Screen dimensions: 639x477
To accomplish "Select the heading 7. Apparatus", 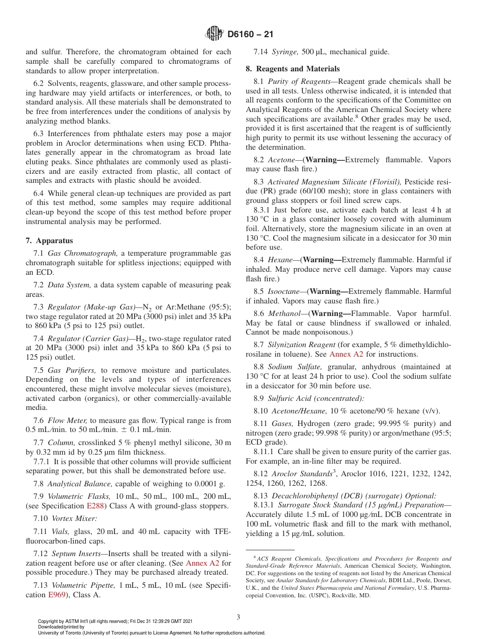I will [x=49, y=241].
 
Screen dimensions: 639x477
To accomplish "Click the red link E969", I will [x=57, y=595].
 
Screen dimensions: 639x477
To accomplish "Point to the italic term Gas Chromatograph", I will [x=82, y=253].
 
